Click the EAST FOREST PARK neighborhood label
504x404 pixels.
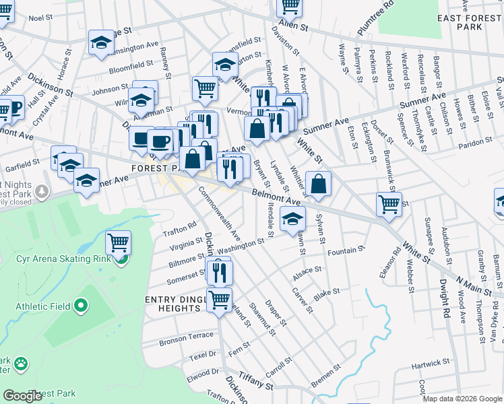point(469,22)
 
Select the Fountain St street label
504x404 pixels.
point(346,250)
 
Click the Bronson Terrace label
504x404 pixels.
point(186,335)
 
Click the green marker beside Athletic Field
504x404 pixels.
point(81,306)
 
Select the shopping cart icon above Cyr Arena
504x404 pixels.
point(118,241)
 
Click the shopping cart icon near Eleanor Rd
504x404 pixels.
point(389,203)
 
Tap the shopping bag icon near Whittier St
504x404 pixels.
point(318,182)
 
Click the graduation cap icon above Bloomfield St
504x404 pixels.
point(101,42)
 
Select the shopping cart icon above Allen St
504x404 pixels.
point(290,5)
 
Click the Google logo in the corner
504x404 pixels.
point(22,396)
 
